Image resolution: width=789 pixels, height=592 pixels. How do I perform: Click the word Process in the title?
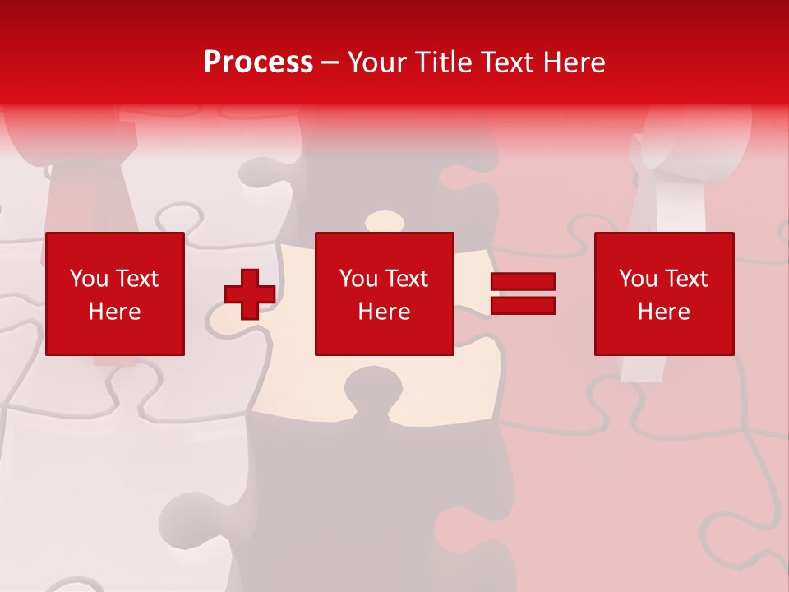pyautogui.click(x=258, y=62)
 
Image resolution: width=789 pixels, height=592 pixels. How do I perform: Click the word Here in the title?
pyautogui.click(x=574, y=62)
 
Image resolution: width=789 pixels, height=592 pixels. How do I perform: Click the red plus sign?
pyautogui.click(x=250, y=294)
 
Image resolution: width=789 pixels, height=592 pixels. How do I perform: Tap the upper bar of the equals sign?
pyautogui.click(x=523, y=282)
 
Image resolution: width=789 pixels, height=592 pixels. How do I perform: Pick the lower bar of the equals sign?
pyautogui.click(x=523, y=306)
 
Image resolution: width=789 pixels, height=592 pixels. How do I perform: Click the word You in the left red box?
pyautogui.click(x=90, y=279)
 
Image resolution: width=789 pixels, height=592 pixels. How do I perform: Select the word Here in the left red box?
pyautogui.click(x=114, y=312)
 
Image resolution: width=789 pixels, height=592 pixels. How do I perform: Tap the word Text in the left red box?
pyautogui.click(x=136, y=279)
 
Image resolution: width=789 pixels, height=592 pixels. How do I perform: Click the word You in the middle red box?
pyautogui.click(x=359, y=279)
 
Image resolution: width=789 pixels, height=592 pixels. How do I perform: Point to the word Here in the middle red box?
pyautogui.click(x=384, y=312)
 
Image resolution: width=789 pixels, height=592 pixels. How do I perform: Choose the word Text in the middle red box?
pyautogui.click(x=406, y=279)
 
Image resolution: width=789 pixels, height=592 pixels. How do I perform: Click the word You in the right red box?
pyautogui.click(x=639, y=279)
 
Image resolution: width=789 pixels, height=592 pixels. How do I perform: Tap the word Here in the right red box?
pyautogui.click(x=663, y=312)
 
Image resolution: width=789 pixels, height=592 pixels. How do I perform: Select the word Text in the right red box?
pyautogui.click(x=685, y=279)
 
